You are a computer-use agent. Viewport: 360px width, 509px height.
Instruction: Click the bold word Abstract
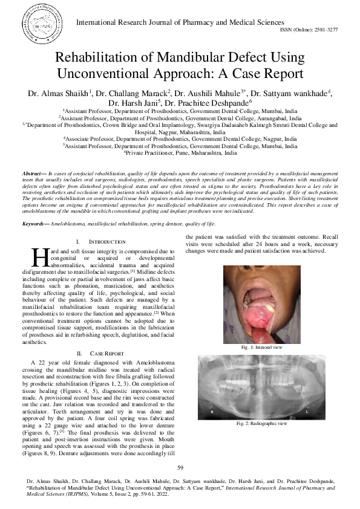click(x=33, y=173)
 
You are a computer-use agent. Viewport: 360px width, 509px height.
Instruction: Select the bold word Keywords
click(x=35, y=224)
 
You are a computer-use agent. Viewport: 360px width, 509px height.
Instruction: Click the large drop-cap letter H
click(x=39, y=257)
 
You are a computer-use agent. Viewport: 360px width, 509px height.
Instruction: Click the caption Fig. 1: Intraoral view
click(x=261, y=348)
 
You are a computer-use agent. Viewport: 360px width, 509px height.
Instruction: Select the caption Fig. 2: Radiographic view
click(x=261, y=424)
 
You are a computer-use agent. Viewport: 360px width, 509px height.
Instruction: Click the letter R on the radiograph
click(x=211, y=411)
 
